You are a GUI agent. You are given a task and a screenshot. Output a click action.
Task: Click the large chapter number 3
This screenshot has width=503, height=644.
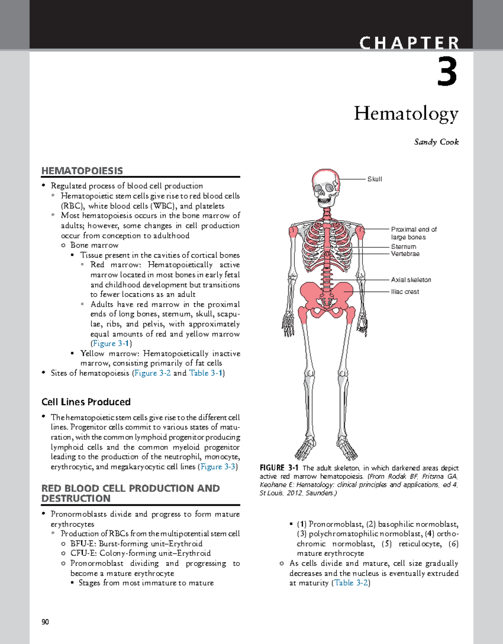point(447,72)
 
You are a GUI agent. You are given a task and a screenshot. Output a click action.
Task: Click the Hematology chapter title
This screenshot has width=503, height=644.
point(406,113)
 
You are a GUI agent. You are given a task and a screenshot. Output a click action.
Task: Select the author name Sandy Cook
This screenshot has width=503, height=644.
point(436,142)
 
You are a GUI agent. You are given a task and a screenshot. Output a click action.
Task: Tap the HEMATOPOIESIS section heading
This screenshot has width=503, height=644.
point(82,171)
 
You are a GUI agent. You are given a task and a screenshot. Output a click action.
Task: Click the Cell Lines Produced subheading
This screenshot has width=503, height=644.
point(86,402)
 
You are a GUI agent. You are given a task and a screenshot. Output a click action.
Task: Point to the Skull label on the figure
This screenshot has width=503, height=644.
point(374,179)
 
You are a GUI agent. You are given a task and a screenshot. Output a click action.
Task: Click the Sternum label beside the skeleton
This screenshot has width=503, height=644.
point(403,247)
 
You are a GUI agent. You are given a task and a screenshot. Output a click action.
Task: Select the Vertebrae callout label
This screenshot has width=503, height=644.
point(405,254)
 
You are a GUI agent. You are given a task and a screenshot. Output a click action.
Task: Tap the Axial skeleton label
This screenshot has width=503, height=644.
point(411,280)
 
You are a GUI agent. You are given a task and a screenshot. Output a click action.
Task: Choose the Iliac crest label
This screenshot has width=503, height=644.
point(404,292)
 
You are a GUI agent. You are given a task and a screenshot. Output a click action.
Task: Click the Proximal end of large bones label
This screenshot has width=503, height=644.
point(413,233)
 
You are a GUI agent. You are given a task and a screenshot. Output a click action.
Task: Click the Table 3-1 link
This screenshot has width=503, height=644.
point(205,373)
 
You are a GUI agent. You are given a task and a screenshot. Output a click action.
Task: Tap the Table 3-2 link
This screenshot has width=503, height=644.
point(351,583)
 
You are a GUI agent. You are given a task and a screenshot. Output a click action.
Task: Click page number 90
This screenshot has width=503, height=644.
point(45,622)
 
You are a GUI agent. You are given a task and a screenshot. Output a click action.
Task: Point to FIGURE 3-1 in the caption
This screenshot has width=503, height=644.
point(279,468)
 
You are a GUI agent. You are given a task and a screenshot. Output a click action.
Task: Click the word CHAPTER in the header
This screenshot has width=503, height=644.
point(409,43)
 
